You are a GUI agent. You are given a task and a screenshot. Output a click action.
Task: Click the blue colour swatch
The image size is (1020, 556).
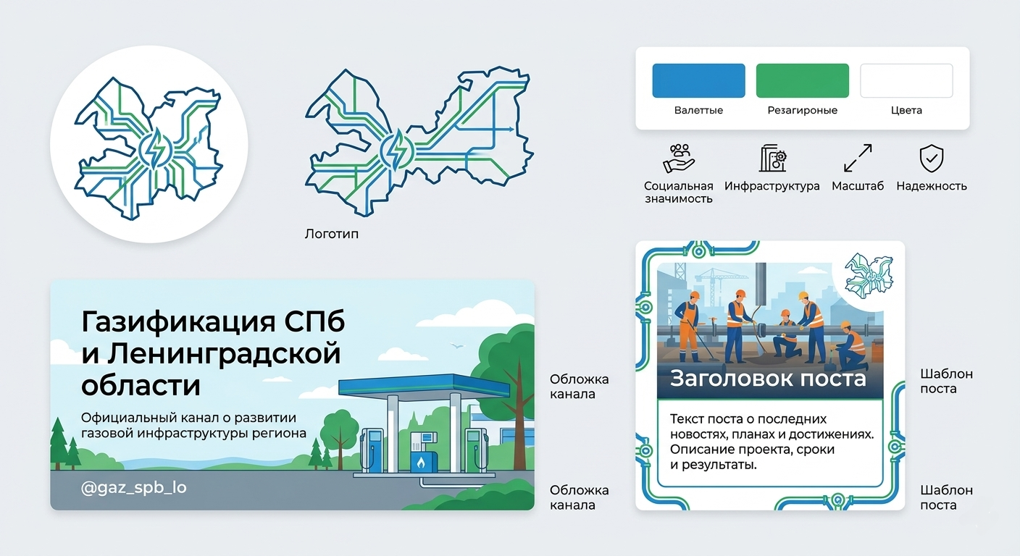coord(698,80)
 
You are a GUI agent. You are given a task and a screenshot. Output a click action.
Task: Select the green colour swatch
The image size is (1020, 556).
coord(802,80)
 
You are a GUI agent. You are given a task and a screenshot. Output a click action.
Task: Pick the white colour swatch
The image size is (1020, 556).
coord(906,80)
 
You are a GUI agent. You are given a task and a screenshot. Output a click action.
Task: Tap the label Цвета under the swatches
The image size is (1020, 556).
coord(906,111)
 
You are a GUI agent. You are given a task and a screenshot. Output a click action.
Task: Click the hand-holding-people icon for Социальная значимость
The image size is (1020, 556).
coord(679,158)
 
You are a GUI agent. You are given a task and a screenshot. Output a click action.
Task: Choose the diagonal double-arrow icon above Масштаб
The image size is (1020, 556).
coord(858,158)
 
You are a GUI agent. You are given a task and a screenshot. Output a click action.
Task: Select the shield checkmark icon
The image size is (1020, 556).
coord(931,157)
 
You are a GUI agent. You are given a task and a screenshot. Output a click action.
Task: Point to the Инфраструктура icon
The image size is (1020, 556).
coord(772,158)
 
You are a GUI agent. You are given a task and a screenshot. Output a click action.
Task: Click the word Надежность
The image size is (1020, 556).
coord(931,186)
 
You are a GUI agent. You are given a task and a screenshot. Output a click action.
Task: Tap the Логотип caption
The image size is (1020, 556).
coord(332,234)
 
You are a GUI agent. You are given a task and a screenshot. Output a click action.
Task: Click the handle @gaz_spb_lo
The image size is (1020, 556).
coord(134,488)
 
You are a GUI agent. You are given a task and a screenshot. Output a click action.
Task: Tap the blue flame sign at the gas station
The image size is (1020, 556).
coord(421,461)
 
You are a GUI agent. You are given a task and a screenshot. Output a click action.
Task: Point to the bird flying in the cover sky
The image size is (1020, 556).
coord(456,345)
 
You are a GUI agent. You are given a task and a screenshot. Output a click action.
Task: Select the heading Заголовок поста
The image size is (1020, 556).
coord(768,378)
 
